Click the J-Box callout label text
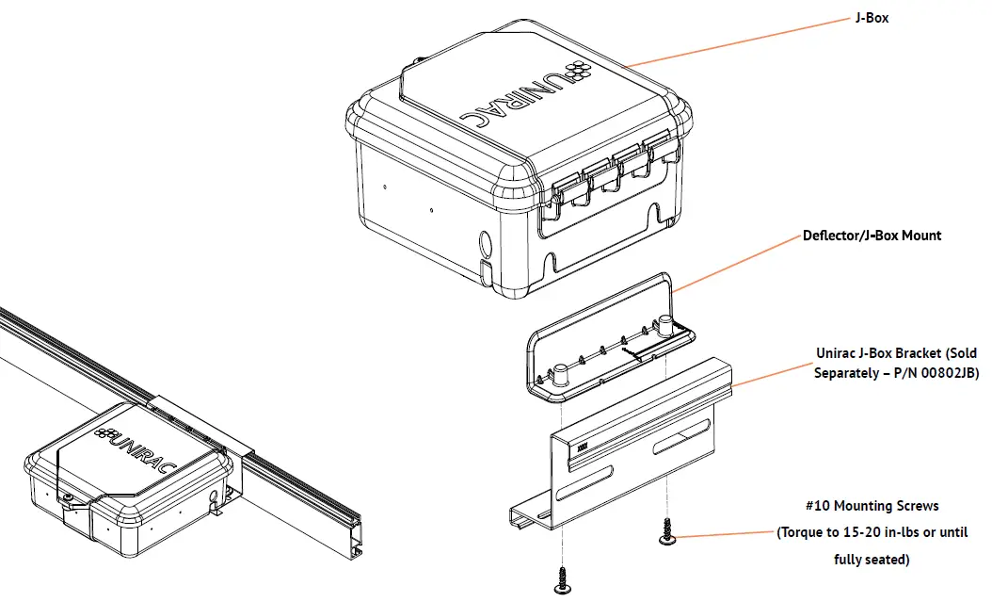[x=872, y=18]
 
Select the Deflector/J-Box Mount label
[x=872, y=236]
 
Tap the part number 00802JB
[x=946, y=374]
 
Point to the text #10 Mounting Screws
[x=872, y=506]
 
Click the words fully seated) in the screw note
[x=872, y=560]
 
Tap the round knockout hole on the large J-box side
[x=485, y=244]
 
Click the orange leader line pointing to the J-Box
[x=734, y=41]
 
